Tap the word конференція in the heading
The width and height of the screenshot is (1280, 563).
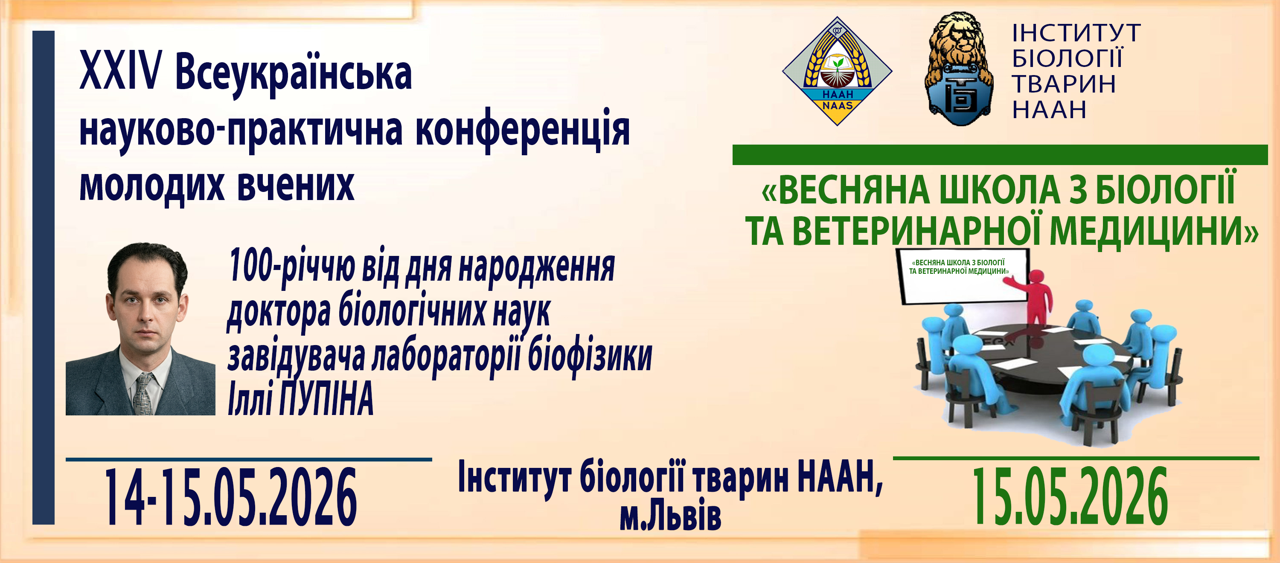point(523,130)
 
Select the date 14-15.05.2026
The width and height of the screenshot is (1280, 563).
point(230,497)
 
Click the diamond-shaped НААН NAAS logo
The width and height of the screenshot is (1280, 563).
point(837,71)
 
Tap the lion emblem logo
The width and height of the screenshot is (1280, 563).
point(959,69)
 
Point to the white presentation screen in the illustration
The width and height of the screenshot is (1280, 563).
point(962,276)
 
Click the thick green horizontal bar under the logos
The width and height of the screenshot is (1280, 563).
point(1000,154)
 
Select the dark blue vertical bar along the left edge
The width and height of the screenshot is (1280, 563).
point(43,277)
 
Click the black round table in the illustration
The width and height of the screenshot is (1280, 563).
point(1048,353)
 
